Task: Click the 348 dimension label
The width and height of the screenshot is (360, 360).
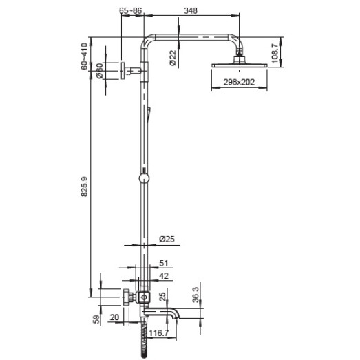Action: (191, 10)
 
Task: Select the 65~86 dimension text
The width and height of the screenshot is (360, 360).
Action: (131, 10)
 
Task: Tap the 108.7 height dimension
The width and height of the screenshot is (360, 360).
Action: (275, 53)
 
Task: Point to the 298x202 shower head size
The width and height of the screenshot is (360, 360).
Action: (239, 82)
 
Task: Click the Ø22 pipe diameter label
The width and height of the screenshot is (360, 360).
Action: (173, 58)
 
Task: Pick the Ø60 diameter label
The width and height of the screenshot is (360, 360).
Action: (99, 71)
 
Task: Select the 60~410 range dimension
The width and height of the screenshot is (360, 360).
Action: (84, 56)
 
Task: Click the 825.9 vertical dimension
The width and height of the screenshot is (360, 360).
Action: (84, 187)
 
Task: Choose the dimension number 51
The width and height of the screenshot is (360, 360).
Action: (163, 263)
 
